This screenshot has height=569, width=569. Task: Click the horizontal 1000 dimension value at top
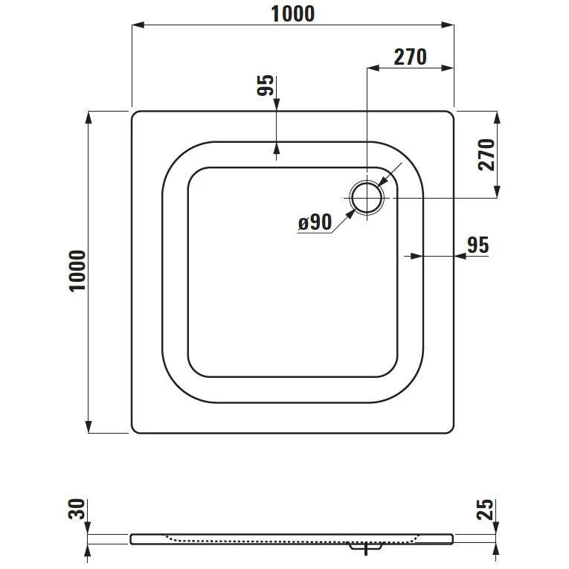293,13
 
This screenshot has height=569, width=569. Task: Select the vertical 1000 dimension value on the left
77,271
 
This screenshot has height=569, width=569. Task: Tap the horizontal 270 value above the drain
411,57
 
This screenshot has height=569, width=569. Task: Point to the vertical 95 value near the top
266,86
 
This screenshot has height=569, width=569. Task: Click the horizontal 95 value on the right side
479,245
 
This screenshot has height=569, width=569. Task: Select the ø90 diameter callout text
315,222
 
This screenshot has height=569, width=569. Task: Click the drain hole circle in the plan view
367,198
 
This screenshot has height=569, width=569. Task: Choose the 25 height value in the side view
485,509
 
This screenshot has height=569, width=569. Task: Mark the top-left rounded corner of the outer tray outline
135,115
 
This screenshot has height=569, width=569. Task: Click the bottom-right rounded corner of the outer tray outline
450,429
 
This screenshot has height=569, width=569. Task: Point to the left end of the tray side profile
132,537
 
